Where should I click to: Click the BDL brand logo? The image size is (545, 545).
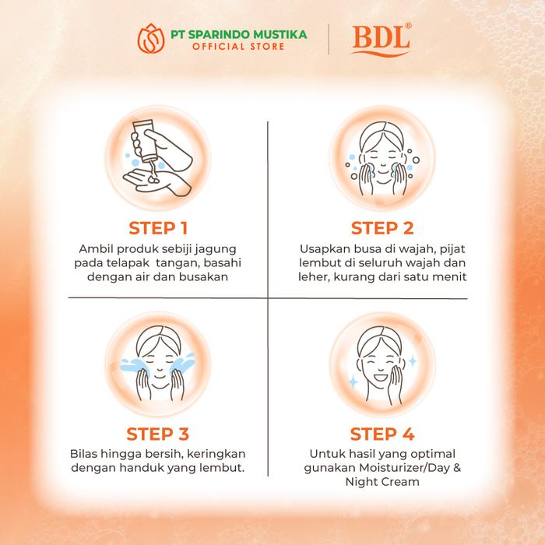tap(381, 39)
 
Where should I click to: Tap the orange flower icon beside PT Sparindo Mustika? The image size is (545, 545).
tap(151, 39)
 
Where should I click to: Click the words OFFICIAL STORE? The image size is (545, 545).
tap(238, 47)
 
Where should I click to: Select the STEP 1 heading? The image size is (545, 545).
tap(158, 228)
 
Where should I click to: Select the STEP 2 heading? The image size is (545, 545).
tap(382, 228)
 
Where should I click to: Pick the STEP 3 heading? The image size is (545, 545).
tap(158, 434)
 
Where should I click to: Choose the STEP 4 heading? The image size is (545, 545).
tap(382, 434)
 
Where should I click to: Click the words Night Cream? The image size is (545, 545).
tap(382, 482)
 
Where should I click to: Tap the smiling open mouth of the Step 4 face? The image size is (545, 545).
tap(381, 377)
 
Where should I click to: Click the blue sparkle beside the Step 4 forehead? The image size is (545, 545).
tap(413, 361)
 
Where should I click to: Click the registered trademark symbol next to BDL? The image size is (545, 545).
tap(409, 26)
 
